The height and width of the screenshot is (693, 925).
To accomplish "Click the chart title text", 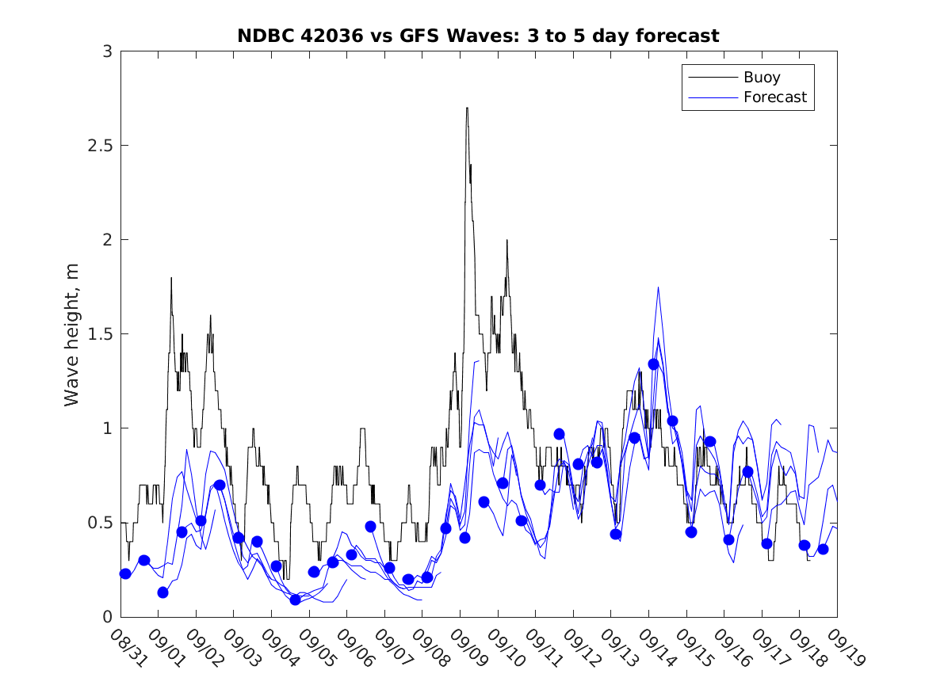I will (x=478, y=36).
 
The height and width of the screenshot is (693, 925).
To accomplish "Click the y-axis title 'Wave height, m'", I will (x=72, y=335).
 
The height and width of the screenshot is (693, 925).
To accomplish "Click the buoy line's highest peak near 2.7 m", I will (x=467, y=109).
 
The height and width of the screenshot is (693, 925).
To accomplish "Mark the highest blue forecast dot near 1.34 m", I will (x=654, y=364).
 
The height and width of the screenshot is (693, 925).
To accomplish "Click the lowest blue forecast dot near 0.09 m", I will (x=295, y=600).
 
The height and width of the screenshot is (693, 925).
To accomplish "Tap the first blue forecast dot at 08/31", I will (x=125, y=573).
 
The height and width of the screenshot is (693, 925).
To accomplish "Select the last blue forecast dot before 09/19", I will (x=823, y=549).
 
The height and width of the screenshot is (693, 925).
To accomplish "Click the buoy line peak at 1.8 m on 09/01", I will (x=170, y=278).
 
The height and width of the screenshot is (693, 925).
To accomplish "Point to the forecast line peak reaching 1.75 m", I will (x=659, y=287).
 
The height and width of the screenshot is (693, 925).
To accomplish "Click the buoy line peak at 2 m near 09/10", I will (x=506, y=241).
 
